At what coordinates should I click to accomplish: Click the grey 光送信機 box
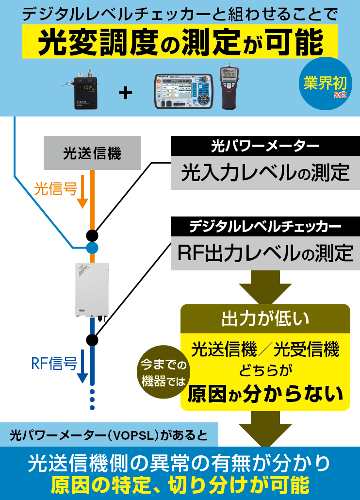[x=92, y=153]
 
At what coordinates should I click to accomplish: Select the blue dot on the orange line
[x=92, y=248]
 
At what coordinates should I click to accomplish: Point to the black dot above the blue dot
[x=92, y=235]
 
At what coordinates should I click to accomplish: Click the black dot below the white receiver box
[x=92, y=338]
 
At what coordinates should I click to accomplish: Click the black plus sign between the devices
[x=126, y=93]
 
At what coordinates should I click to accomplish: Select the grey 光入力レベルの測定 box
[x=265, y=173]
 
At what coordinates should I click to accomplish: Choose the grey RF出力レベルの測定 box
[x=265, y=253]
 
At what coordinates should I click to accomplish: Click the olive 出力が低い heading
[x=265, y=319]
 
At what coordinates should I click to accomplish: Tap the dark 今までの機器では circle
[x=164, y=372]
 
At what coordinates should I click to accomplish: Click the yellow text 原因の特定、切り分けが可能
[x=180, y=485]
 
